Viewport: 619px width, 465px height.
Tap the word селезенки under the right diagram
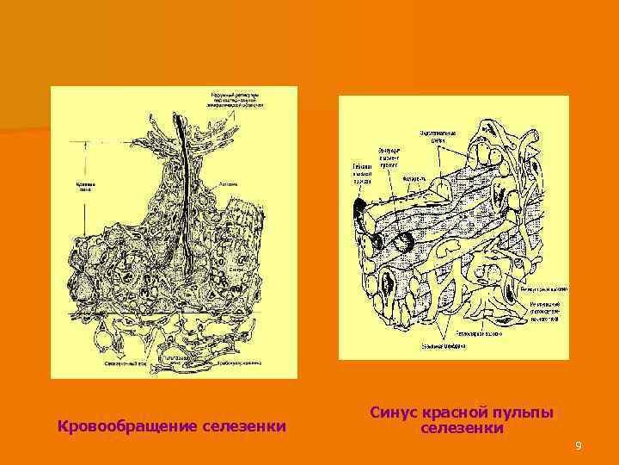(462, 428)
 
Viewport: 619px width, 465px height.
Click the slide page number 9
(579, 445)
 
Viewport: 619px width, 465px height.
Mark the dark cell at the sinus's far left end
(357, 207)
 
